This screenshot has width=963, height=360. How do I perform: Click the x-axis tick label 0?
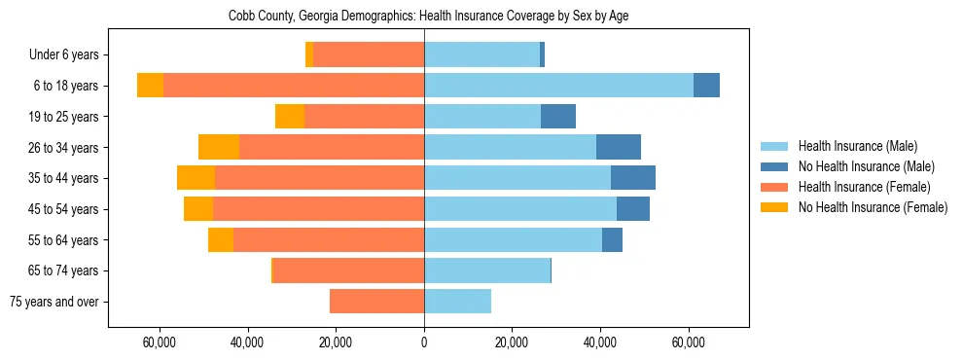coord(424,342)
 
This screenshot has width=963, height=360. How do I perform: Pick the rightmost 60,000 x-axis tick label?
coord(689,342)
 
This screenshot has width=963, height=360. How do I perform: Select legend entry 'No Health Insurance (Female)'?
coord(873,207)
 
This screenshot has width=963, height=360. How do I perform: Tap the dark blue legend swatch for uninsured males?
coord(774,166)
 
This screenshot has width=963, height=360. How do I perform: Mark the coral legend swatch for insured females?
coord(774,187)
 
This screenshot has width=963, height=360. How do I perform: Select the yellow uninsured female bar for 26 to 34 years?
coord(219,147)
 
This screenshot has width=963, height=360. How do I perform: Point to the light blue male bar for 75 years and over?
coord(457,302)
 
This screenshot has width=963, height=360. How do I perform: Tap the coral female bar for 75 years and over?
coord(377,302)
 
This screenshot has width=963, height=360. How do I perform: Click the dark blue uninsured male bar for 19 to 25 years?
coord(558,117)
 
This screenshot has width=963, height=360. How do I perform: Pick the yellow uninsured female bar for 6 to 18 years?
coord(150,86)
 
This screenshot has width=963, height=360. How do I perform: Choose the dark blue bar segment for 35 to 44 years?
coord(633,178)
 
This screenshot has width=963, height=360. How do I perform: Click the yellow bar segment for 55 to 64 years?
coord(221,239)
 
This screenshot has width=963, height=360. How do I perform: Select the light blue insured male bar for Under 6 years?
coord(481,54)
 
